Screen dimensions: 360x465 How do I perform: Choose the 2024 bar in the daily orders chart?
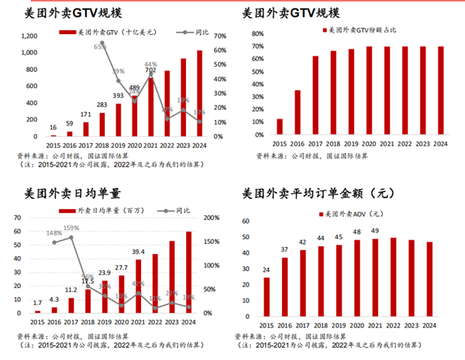tap(189, 272)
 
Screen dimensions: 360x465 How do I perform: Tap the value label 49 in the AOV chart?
tap(375, 231)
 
